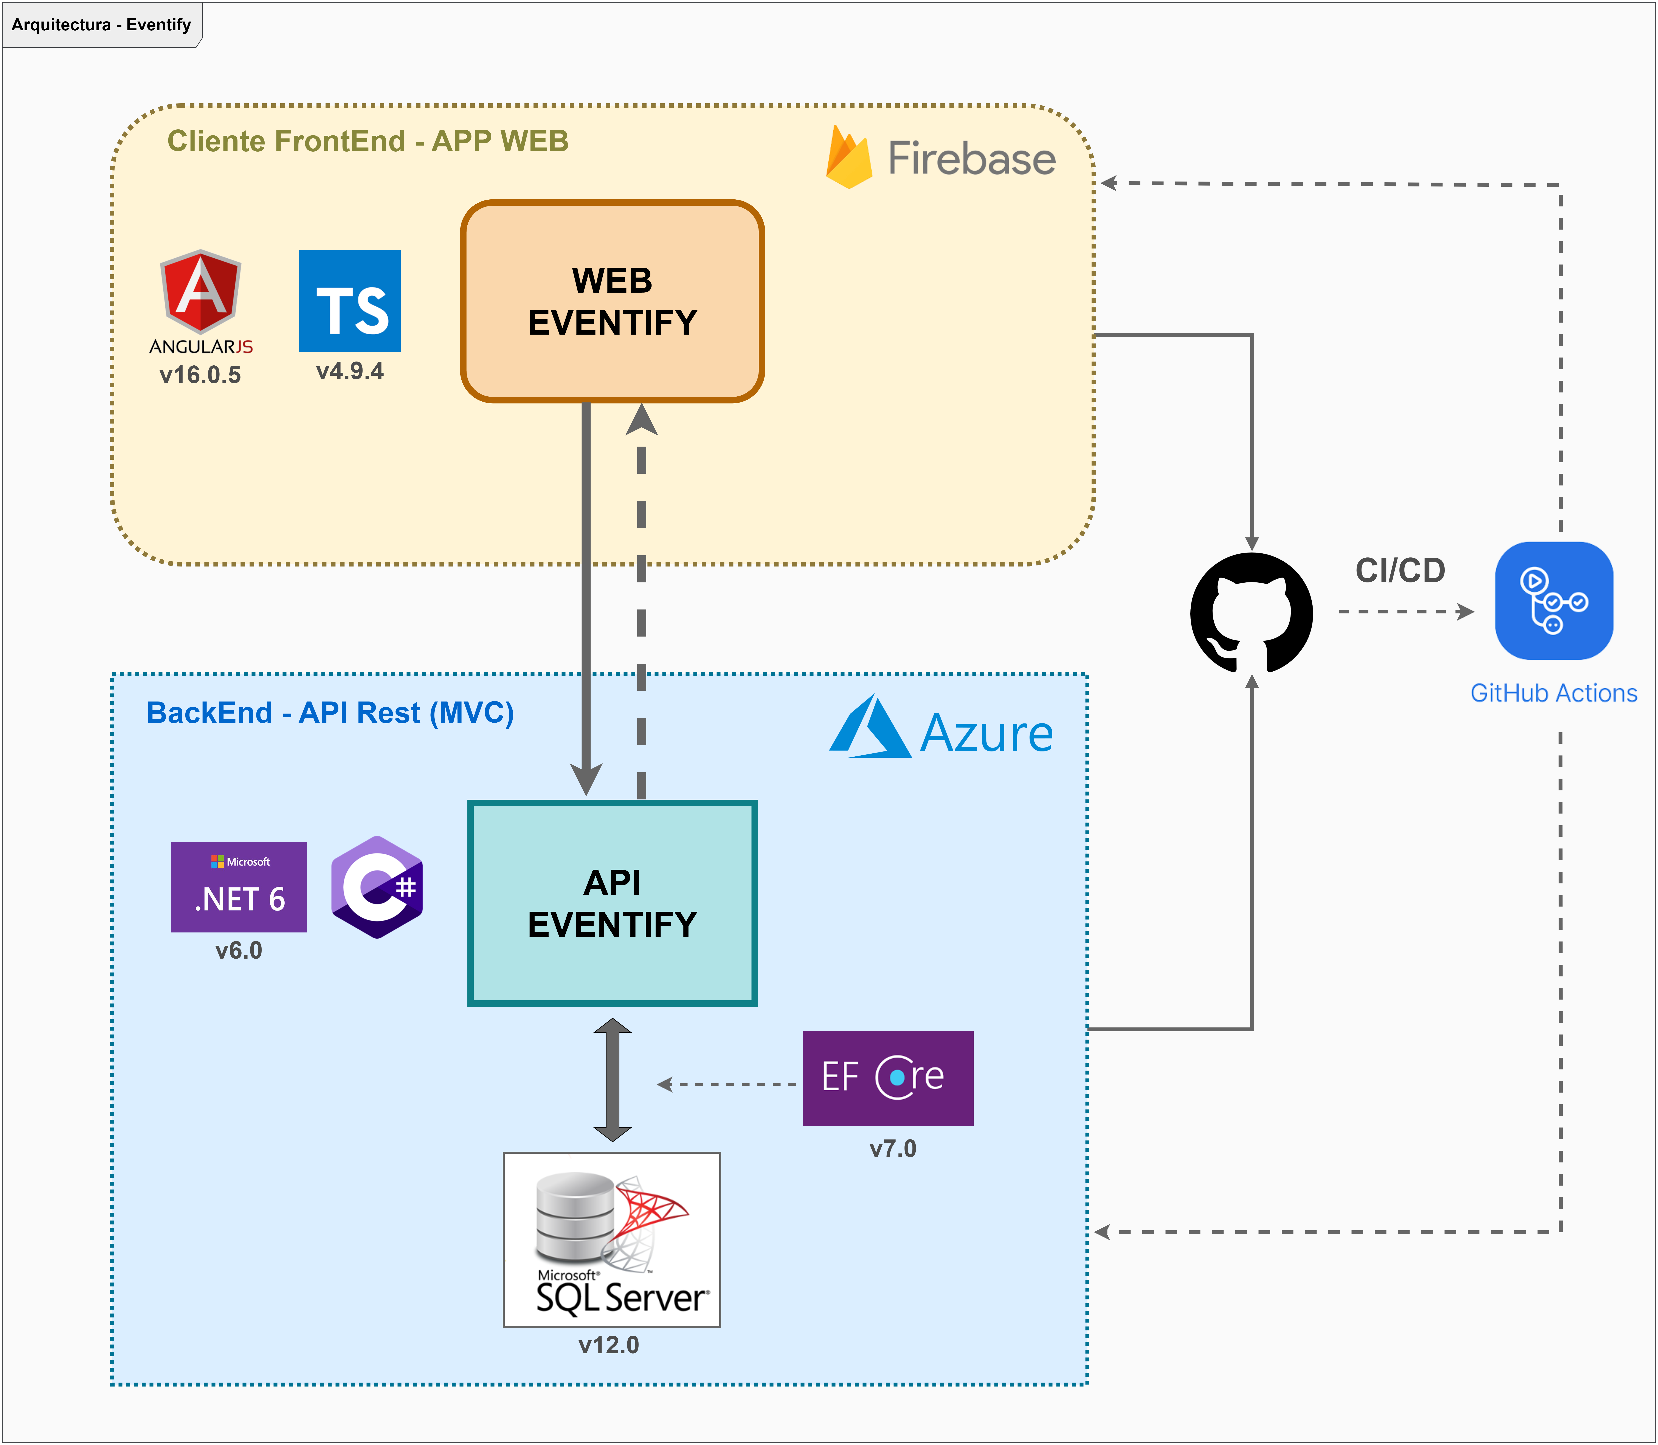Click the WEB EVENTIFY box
coord(612,301)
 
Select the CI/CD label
coord(1400,570)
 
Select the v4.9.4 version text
coord(349,371)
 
